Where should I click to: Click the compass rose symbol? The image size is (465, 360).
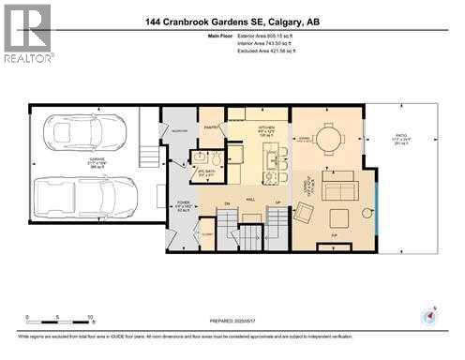pos(429,314)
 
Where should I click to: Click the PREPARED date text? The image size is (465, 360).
pos(232,325)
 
